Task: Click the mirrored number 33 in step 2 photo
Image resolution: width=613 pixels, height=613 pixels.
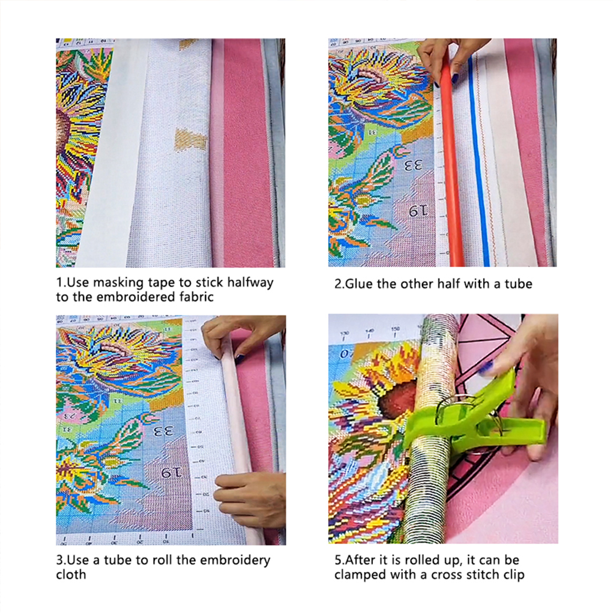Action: (413, 166)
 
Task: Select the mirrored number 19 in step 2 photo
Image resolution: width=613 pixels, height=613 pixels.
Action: (418, 211)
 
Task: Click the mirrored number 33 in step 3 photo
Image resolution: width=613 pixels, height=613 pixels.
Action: (163, 432)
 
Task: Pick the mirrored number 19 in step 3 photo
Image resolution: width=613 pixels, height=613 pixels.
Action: (171, 473)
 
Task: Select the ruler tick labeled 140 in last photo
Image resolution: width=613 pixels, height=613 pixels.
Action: (369, 334)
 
